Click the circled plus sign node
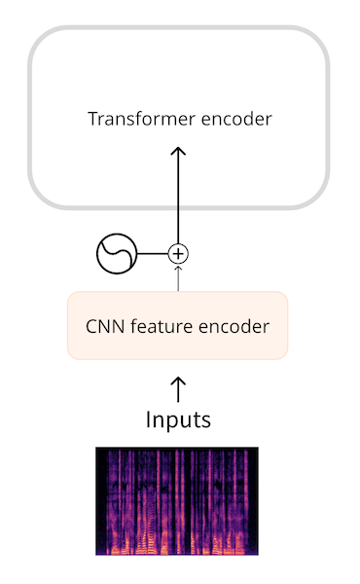point(177,254)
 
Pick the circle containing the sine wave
point(115,254)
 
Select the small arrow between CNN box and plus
point(177,277)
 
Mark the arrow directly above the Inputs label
point(177,389)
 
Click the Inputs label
point(178,420)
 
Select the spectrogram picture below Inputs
point(177,500)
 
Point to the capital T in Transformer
point(92,120)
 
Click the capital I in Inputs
point(148,420)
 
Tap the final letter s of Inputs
point(205,421)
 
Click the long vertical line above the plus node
point(177,200)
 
